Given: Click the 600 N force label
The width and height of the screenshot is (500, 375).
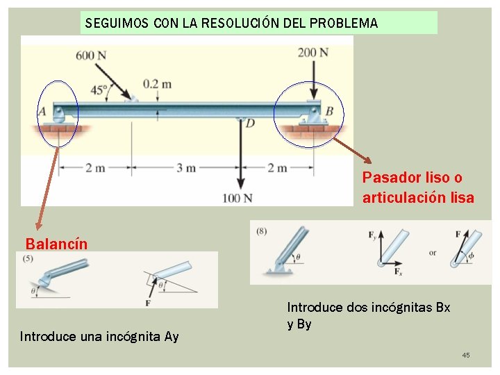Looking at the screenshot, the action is click(x=91, y=56).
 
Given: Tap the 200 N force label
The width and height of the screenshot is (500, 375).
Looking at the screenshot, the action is click(x=313, y=52).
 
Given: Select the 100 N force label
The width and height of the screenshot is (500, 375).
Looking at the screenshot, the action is click(x=237, y=199).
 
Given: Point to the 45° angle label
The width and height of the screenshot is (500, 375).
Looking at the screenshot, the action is click(x=99, y=89).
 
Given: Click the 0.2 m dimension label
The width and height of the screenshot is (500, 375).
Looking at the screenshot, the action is click(x=157, y=84).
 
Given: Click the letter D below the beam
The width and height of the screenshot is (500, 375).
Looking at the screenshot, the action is click(x=250, y=123).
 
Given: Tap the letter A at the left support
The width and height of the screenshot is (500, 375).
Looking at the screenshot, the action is click(x=42, y=111).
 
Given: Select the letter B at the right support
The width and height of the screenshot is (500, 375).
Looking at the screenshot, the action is click(x=329, y=111).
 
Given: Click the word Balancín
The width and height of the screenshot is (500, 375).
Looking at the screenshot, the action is click(x=57, y=244).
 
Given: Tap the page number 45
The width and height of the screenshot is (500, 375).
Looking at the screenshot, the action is click(x=465, y=356).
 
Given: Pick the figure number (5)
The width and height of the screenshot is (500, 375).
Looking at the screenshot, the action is click(x=28, y=259).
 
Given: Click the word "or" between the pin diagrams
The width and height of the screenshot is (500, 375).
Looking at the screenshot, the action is click(x=433, y=253).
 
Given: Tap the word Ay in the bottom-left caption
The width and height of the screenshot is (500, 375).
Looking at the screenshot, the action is click(x=172, y=337).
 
